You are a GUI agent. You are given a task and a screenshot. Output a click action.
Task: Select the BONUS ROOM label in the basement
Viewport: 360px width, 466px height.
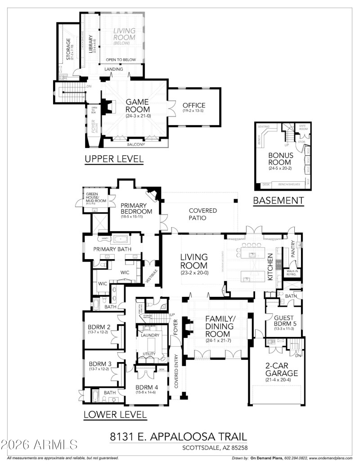[280, 159]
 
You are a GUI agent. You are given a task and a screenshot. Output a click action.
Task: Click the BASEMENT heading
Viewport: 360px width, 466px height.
[279, 201]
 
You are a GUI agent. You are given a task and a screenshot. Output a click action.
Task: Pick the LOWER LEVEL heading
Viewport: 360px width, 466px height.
[115, 414]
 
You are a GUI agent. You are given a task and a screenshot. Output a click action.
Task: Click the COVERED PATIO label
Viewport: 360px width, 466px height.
[202, 214]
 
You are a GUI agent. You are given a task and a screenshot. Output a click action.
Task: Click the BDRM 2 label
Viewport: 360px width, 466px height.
[100, 327]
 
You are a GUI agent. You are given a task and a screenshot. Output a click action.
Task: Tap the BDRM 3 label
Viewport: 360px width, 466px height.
[100, 363]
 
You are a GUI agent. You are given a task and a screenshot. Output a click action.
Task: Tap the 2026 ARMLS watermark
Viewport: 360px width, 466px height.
[39, 445]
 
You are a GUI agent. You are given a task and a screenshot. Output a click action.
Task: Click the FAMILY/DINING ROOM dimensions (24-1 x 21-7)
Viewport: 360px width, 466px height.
[218, 341]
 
